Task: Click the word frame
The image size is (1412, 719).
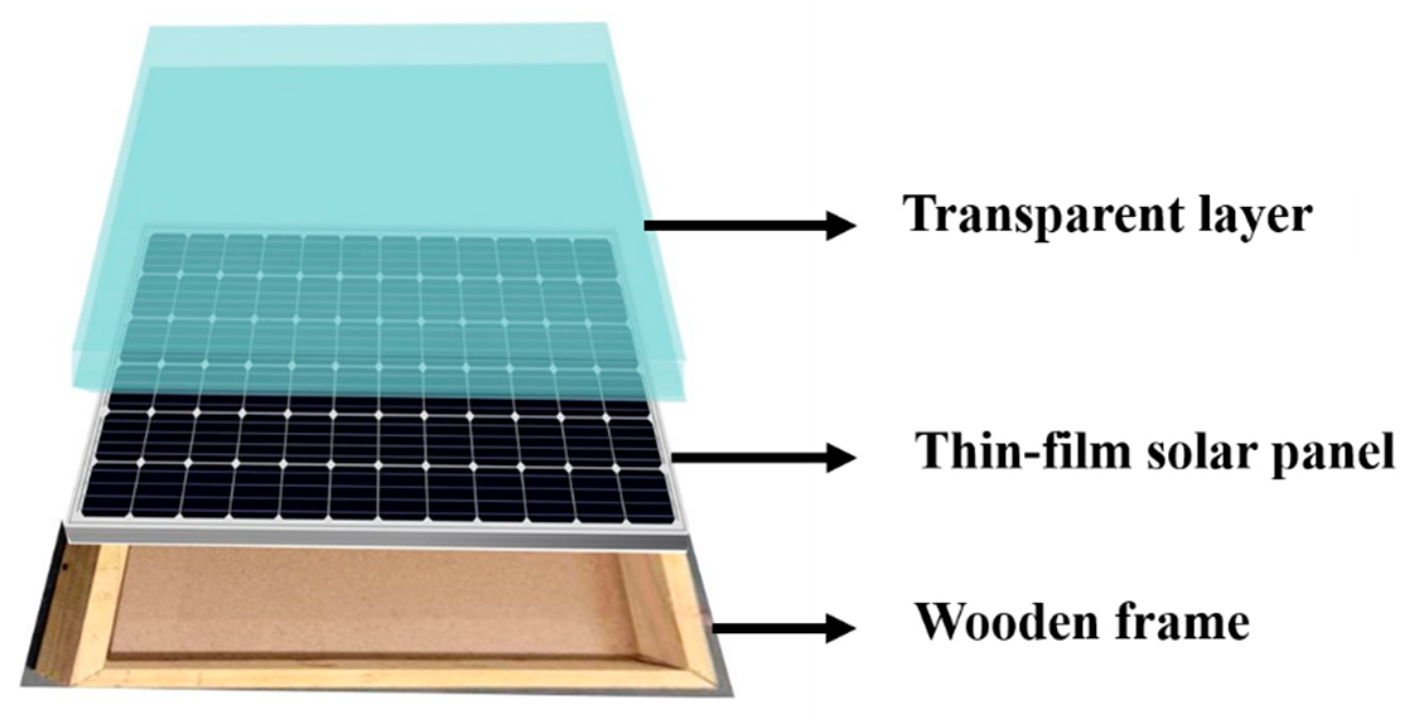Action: coord(1186,622)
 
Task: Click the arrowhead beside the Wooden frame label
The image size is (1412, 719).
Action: coord(841,628)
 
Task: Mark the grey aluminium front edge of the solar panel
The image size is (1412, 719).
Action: coord(378,534)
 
